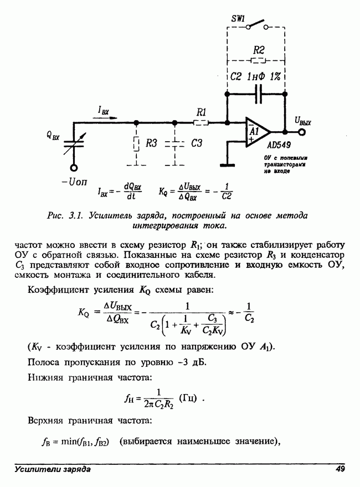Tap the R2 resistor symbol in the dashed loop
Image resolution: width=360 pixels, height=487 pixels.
click(259, 60)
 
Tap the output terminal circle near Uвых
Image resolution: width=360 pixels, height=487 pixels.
click(302, 132)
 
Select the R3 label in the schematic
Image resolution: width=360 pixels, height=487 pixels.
click(152, 143)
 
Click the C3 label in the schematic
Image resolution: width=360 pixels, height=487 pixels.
click(196, 143)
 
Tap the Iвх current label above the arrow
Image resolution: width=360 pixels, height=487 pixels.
click(104, 112)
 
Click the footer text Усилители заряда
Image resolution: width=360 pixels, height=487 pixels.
click(53, 469)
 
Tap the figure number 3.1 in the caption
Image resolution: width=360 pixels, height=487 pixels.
click(76, 215)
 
